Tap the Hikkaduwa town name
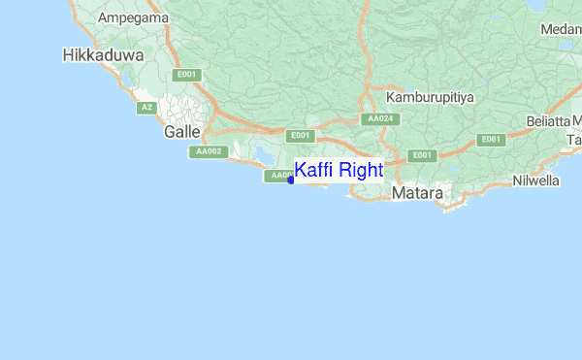coord(102,55)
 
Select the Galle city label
coord(182,131)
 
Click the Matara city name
coord(418,194)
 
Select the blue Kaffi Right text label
coord(339,171)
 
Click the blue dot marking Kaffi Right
coord(291,180)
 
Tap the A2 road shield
coord(146,107)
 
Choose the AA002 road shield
coord(209,151)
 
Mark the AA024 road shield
coord(379,119)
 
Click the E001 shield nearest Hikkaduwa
coord(186,75)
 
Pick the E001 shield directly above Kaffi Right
coord(301,136)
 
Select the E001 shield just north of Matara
coord(421,155)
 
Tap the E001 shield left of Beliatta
coord(492,140)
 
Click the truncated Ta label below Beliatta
coord(574,142)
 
